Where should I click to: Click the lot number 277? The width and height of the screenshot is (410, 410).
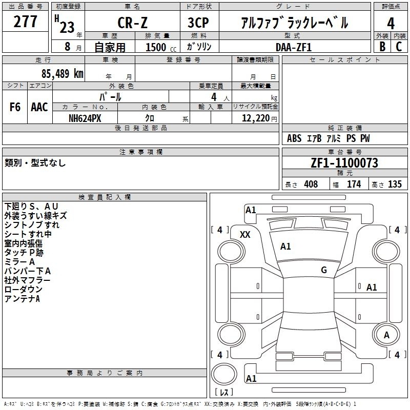(25, 22)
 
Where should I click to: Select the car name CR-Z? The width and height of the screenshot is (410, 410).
(132, 23)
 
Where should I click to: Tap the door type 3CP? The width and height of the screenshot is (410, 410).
(198, 23)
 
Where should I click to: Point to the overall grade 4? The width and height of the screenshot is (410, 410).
(391, 24)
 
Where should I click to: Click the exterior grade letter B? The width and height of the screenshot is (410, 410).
(382, 47)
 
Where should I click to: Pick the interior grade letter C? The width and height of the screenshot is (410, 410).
(399, 47)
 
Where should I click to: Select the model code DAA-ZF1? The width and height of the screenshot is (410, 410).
(294, 47)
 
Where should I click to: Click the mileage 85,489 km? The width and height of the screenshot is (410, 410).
(62, 74)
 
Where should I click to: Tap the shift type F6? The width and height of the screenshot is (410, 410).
(15, 107)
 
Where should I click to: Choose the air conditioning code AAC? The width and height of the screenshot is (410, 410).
(39, 107)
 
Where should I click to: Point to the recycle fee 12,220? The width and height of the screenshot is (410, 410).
(256, 118)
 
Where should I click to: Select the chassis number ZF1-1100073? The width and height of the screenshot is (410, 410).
(344, 163)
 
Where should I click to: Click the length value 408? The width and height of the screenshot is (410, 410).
(311, 184)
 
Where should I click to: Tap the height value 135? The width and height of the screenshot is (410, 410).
(395, 184)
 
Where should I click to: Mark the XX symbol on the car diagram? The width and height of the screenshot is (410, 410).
(245, 235)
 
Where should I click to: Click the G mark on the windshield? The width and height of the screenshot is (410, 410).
(324, 270)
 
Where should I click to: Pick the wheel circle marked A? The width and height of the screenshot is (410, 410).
(386, 335)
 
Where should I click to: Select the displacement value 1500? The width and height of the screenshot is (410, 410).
(156, 47)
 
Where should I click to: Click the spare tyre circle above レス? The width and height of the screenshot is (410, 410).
(224, 374)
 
